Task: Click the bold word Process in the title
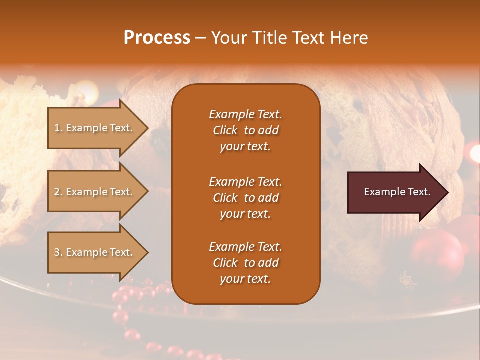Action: coord(157,38)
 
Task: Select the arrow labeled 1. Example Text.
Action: coord(97,128)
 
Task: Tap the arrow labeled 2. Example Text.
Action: coord(97,192)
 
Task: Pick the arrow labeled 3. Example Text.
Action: coord(97,252)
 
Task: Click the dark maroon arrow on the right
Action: coord(397,192)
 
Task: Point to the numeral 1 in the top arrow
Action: coord(56,128)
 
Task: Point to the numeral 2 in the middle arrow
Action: coord(56,192)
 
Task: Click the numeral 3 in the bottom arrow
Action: coord(56,252)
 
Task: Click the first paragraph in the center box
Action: coord(245,130)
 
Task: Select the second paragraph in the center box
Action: coord(245,198)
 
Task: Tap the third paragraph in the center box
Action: coord(245,263)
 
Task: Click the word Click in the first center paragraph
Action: coord(225,130)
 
